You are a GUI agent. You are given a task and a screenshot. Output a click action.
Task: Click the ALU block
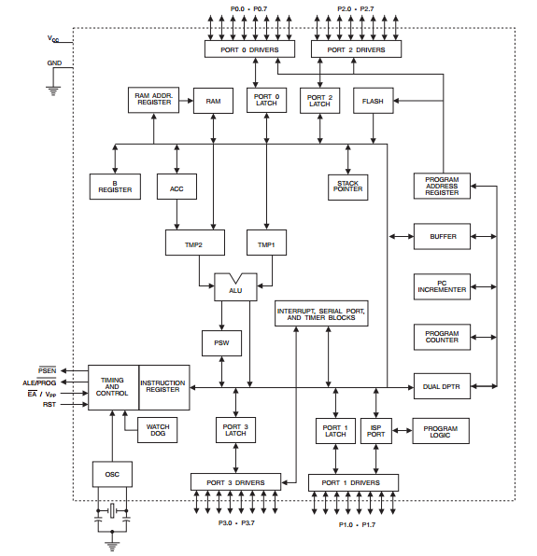(235, 287)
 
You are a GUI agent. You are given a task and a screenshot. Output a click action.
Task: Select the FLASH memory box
(373, 101)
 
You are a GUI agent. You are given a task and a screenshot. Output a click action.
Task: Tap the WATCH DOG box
(157, 430)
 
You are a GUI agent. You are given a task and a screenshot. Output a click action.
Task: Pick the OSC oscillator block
(112, 474)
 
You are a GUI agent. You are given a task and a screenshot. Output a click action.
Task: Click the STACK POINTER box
(347, 188)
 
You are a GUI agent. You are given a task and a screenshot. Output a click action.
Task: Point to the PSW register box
(221, 343)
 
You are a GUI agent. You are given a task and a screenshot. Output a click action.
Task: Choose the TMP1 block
(266, 243)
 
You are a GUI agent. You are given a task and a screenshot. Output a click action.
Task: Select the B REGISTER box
(115, 187)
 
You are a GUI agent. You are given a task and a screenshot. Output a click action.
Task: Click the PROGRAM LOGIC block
(441, 431)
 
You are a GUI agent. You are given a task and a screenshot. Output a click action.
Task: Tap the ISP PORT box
(375, 431)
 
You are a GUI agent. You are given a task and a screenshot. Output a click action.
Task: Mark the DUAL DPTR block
(442, 386)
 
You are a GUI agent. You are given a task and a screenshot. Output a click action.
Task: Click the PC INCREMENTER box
(442, 286)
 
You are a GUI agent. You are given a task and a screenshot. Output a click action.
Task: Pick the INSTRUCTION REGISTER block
(164, 387)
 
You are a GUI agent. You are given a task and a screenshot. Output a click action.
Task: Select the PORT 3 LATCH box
(235, 430)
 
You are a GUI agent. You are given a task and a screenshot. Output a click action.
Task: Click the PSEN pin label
(48, 370)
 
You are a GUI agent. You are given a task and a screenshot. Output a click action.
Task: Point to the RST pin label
(49, 404)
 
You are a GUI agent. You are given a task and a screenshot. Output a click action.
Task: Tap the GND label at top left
(54, 63)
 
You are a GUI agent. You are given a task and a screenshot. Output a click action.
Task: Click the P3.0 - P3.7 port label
(236, 523)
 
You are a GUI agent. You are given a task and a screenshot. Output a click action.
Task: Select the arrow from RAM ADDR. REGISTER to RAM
(186, 101)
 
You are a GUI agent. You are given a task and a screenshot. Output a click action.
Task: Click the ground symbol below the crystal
(112, 546)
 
